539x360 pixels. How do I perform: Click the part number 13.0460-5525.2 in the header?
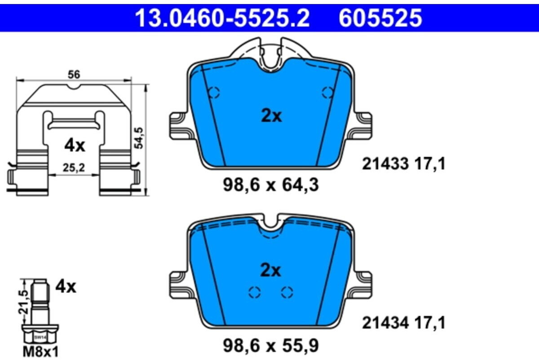point(222,18)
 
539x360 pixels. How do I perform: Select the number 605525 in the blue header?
point(380,18)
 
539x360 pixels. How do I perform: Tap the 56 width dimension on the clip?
point(74,75)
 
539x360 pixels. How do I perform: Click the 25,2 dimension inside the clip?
point(74,168)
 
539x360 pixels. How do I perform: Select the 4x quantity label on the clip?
point(74,145)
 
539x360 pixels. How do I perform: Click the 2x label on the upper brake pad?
point(271,116)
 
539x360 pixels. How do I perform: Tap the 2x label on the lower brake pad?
point(271,271)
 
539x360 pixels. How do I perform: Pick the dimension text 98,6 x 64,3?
point(271,185)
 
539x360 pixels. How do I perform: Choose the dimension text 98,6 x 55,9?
point(271,346)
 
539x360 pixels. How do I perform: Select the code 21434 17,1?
point(404,323)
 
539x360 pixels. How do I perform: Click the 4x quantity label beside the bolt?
point(66,286)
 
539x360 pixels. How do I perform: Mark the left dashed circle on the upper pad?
point(214,93)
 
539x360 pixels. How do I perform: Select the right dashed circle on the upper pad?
point(328,93)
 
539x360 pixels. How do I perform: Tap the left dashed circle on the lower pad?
point(255,293)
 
